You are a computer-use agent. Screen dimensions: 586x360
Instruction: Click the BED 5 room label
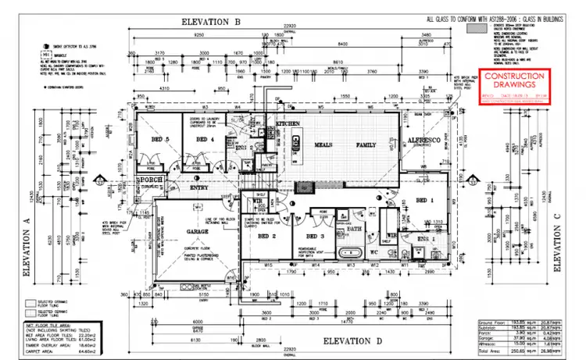[161, 140]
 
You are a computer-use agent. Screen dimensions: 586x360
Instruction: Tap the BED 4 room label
[205, 140]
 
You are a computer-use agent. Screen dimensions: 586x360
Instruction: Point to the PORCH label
[149, 182]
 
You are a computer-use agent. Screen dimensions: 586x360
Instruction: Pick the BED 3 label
[315, 236]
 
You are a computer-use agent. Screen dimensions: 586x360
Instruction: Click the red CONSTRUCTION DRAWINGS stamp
[514, 85]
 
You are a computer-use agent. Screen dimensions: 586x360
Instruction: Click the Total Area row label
[487, 349]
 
